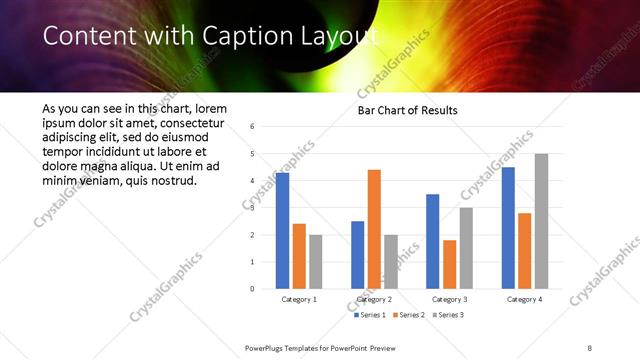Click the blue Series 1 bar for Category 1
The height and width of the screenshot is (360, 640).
[282, 231]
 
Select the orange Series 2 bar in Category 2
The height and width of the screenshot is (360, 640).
[374, 229]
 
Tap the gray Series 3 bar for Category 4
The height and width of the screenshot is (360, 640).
[541, 221]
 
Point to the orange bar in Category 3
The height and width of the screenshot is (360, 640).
[449, 264]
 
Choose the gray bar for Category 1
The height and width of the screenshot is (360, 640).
[316, 262]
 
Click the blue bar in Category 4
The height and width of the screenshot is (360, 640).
[508, 228]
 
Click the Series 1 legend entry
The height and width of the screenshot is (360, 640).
[369, 315]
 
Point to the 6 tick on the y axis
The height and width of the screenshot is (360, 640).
[252, 126]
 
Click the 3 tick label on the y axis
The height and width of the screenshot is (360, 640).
[252, 208]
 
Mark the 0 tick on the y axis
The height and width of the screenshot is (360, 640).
[252, 289]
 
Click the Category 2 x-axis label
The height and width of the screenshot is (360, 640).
[374, 299]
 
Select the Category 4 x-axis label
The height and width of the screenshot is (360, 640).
[524, 299]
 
